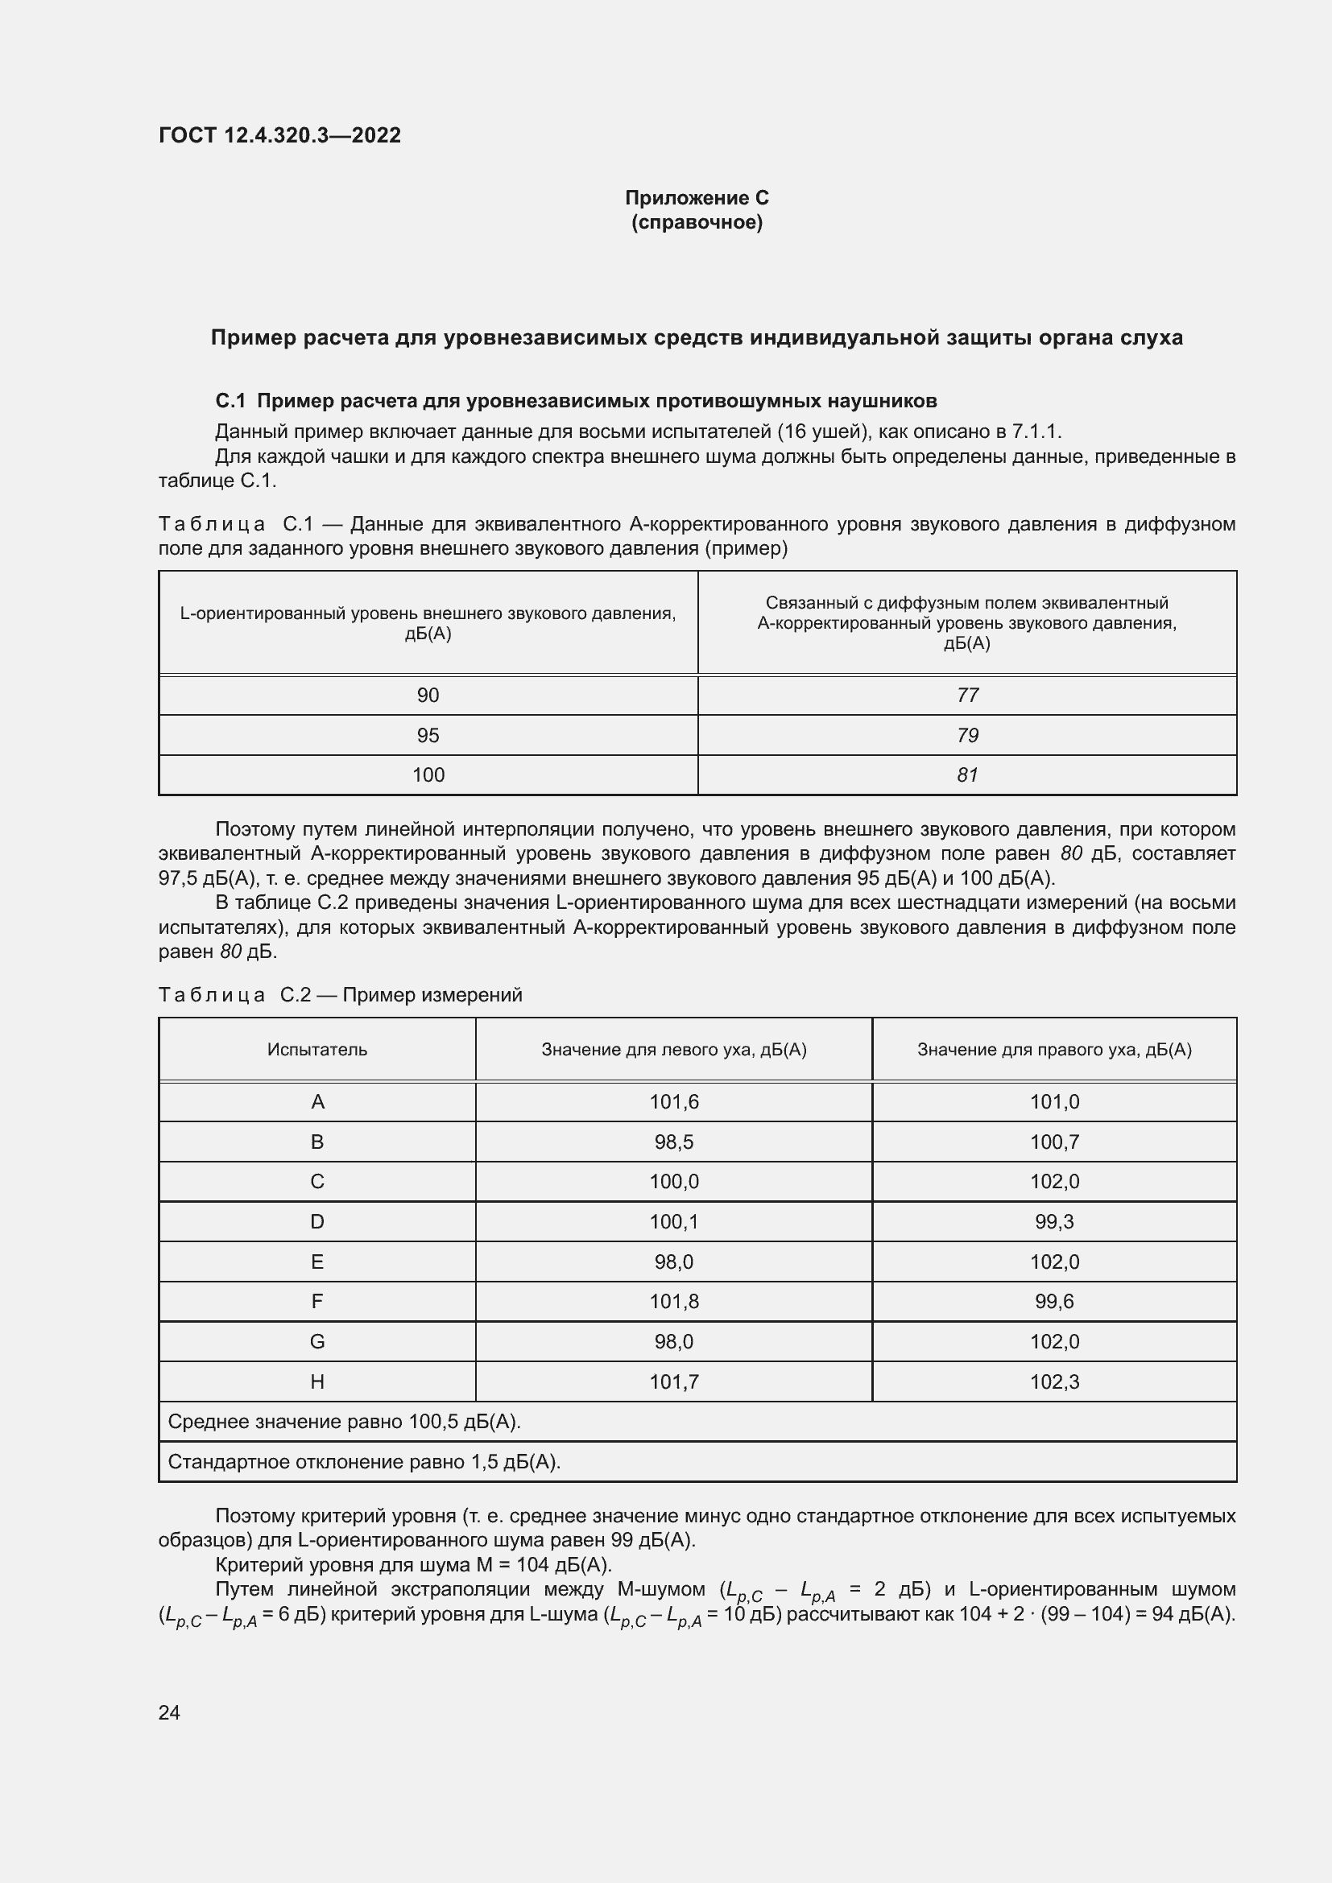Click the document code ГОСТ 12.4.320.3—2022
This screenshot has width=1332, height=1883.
click(x=279, y=135)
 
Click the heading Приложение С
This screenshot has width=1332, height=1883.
click(x=697, y=198)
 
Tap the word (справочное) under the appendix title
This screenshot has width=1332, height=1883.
click(x=697, y=222)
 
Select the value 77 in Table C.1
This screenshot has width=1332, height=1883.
click(x=967, y=696)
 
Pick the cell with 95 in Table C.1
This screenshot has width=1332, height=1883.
click(x=428, y=736)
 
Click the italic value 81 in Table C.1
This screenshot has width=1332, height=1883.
click(x=967, y=775)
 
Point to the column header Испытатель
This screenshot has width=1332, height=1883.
click(x=316, y=1050)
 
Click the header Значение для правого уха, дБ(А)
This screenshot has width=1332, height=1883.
click(x=1054, y=1050)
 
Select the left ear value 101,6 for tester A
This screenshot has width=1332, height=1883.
click(x=673, y=1102)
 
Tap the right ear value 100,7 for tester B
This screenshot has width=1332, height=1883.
click(x=1054, y=1142)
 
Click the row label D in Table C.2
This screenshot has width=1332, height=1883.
click(x=316, y=1222)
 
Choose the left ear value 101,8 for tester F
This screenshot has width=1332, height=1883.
click(x=673, y=1302)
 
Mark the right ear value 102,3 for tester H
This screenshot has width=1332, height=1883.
click(x=1054, y=1382)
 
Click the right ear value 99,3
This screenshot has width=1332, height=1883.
click(x=1054, y=1222)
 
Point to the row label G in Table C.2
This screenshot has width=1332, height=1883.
click(x=316, y=1342)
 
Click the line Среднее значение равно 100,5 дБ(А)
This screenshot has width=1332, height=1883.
click(x=344, y=1422)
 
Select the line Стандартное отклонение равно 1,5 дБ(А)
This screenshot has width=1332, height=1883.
click(x=363, y=1462)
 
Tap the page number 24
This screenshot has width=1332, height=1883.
click(x=169, y=1712)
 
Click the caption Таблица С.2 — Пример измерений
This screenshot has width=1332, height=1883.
click(x=340, y=995)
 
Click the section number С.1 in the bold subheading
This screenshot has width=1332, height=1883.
click(x=230, y=401)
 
